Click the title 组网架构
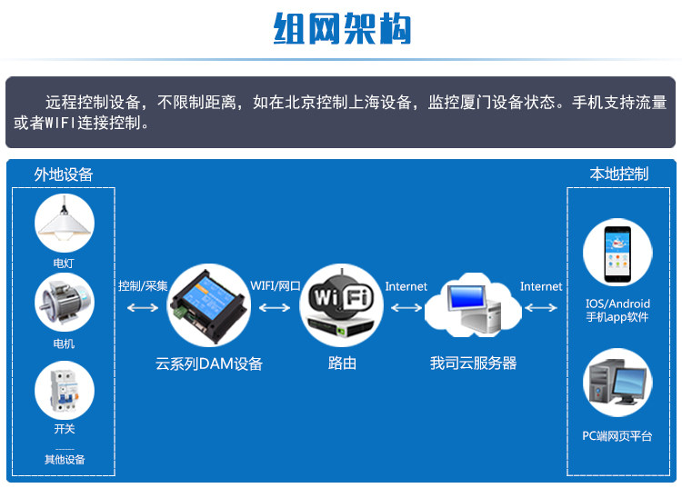[x=341, y=28]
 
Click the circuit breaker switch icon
[x=64, y=390]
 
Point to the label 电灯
[x=64, y=264]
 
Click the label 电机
[x=64, y=344]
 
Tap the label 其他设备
[x=64, y=460]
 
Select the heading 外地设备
[x=64, y=174]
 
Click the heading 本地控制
[x=618, y=174]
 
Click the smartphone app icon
[x=617, y=255]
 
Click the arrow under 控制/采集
[x=142, y=308]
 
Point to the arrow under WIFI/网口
[x=275, y=308]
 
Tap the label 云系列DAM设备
[x=209, y=364]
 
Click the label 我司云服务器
[x=473, y=364]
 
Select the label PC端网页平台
[x=617, y=436]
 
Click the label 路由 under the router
[x=342, y=364]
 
